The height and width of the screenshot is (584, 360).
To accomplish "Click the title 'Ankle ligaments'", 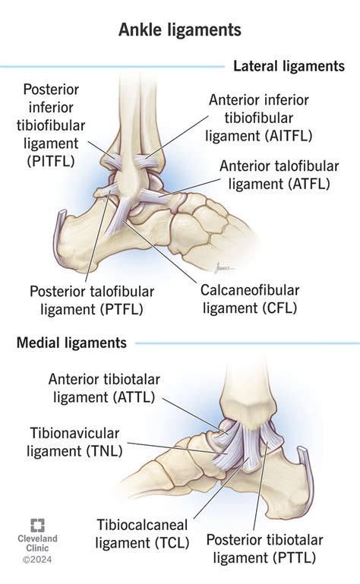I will pyautogui.click(x=180, y=30).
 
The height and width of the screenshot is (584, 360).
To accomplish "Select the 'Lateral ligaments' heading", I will pyautogui.click(x=289, y=67).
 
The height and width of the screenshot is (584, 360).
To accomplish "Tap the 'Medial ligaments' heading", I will pyautogui.click(x=71, y=343).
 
